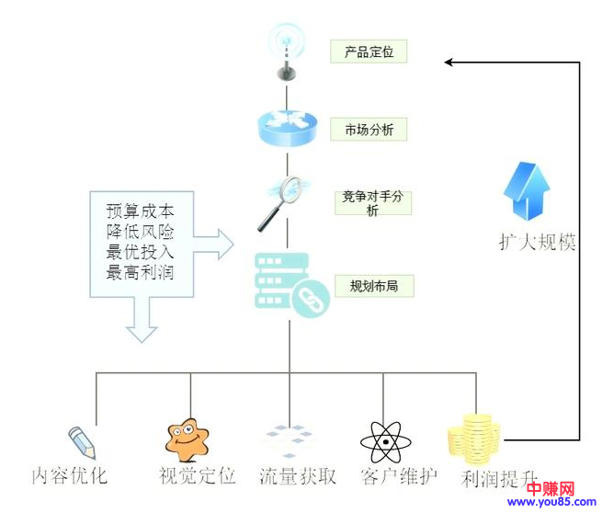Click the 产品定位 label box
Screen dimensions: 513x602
point(368,51)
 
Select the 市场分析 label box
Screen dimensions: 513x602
point(368,130)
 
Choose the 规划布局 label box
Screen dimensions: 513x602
point(373,286)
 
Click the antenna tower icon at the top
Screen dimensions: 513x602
point(287,51)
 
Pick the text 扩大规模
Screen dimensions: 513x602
point(538,243)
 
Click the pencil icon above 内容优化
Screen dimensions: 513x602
point(81,442)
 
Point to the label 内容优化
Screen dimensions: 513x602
point(70,476)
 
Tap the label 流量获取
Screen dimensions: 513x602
point(298,476)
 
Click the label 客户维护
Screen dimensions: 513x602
point(399,476)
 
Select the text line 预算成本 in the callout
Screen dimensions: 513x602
point(139,209)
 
